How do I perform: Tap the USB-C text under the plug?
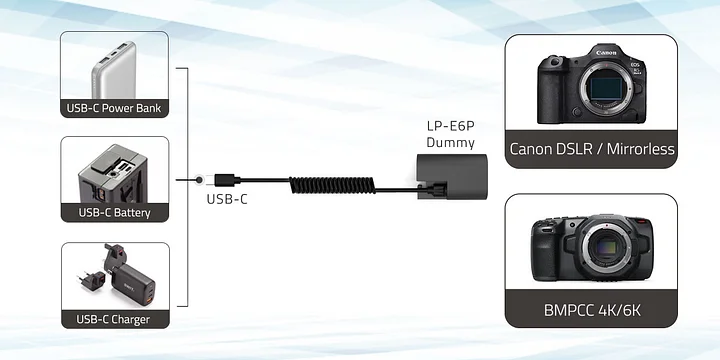click(x=226, y=198)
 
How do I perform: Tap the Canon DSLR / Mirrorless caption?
click(x=592, y=150)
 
